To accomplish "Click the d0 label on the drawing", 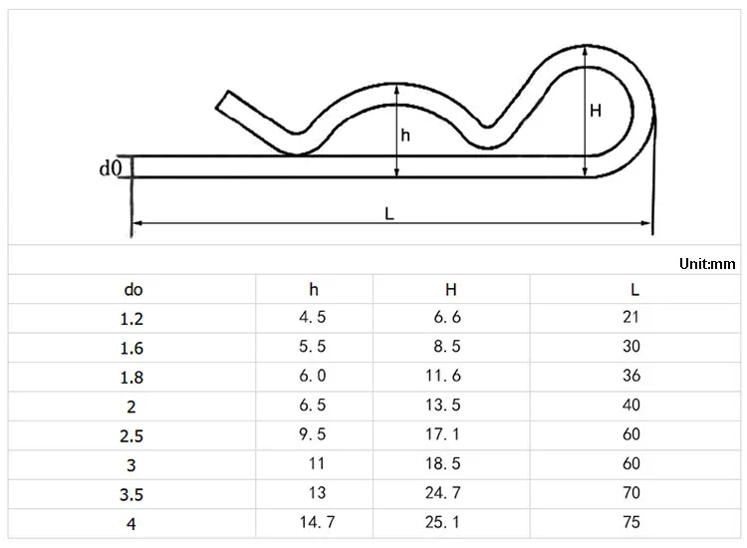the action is pos(111,167).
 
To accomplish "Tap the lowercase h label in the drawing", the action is pos(405,136).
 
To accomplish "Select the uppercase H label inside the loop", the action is pos(596,111).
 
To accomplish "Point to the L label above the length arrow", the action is pos(389,213).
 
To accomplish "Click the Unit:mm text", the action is pos(707,263).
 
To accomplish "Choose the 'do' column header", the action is pos(133,290).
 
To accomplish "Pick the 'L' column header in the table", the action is pos(634,289).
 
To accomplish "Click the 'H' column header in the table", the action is pos(451,289).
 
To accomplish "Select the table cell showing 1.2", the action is pos(131,319).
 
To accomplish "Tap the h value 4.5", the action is pos(313,317).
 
